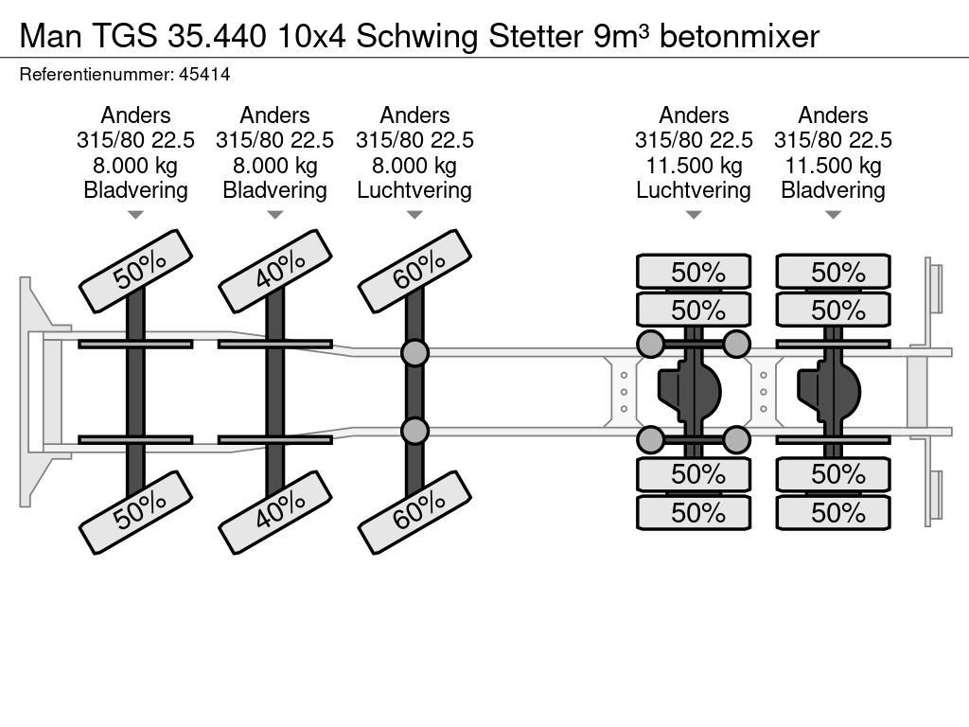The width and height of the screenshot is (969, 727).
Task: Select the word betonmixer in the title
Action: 739,37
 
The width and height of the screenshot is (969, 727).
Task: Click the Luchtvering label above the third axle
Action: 414,189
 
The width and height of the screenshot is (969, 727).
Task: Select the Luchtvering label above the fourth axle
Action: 694,189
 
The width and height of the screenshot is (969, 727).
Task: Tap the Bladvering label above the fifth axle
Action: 833,189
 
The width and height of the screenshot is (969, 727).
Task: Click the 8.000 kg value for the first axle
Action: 136,165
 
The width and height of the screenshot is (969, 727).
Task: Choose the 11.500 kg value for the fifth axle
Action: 833,165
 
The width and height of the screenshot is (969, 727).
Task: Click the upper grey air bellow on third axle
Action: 414,353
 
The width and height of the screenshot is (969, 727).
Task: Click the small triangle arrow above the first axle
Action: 136,216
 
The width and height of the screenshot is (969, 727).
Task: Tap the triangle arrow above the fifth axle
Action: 833,216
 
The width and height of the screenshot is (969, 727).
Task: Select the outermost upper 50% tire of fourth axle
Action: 694,273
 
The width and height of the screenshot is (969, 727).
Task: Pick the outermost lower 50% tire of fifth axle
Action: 833,513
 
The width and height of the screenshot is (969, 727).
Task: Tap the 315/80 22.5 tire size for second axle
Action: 275,140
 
